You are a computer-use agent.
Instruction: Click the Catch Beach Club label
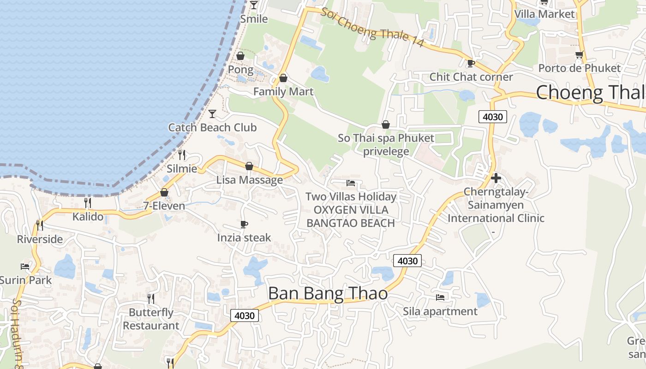click(212, 127)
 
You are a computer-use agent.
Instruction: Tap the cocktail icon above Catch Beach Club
click(212, 113)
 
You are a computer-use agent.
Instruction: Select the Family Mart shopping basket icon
click(283, 78)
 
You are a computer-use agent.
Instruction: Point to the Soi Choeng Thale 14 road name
click(372, 27)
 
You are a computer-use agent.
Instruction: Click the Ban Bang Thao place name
click(328, 294)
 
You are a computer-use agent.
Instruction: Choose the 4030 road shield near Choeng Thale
click(492, 117)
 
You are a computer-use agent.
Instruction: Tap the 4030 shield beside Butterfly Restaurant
click(244, 315)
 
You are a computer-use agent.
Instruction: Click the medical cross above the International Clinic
click(496, 178)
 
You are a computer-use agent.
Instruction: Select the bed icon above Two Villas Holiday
click(351, 183)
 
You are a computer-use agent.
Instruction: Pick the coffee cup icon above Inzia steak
click(244, 224)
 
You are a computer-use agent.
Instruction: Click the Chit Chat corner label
click(471, 77)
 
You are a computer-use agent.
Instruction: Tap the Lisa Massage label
click(250, 180)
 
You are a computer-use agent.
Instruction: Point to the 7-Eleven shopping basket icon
click(164, 192)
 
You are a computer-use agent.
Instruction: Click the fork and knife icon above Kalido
click(88, 202)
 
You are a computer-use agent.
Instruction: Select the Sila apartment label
click(440, 311)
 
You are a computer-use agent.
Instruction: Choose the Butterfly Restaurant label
click(151, 319)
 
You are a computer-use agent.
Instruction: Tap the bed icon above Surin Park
click(25, 267)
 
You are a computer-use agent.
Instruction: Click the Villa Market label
click(544, 14)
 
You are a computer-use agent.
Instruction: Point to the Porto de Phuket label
click(580, 68)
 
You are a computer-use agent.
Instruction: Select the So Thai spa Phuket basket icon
click(386, 125)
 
